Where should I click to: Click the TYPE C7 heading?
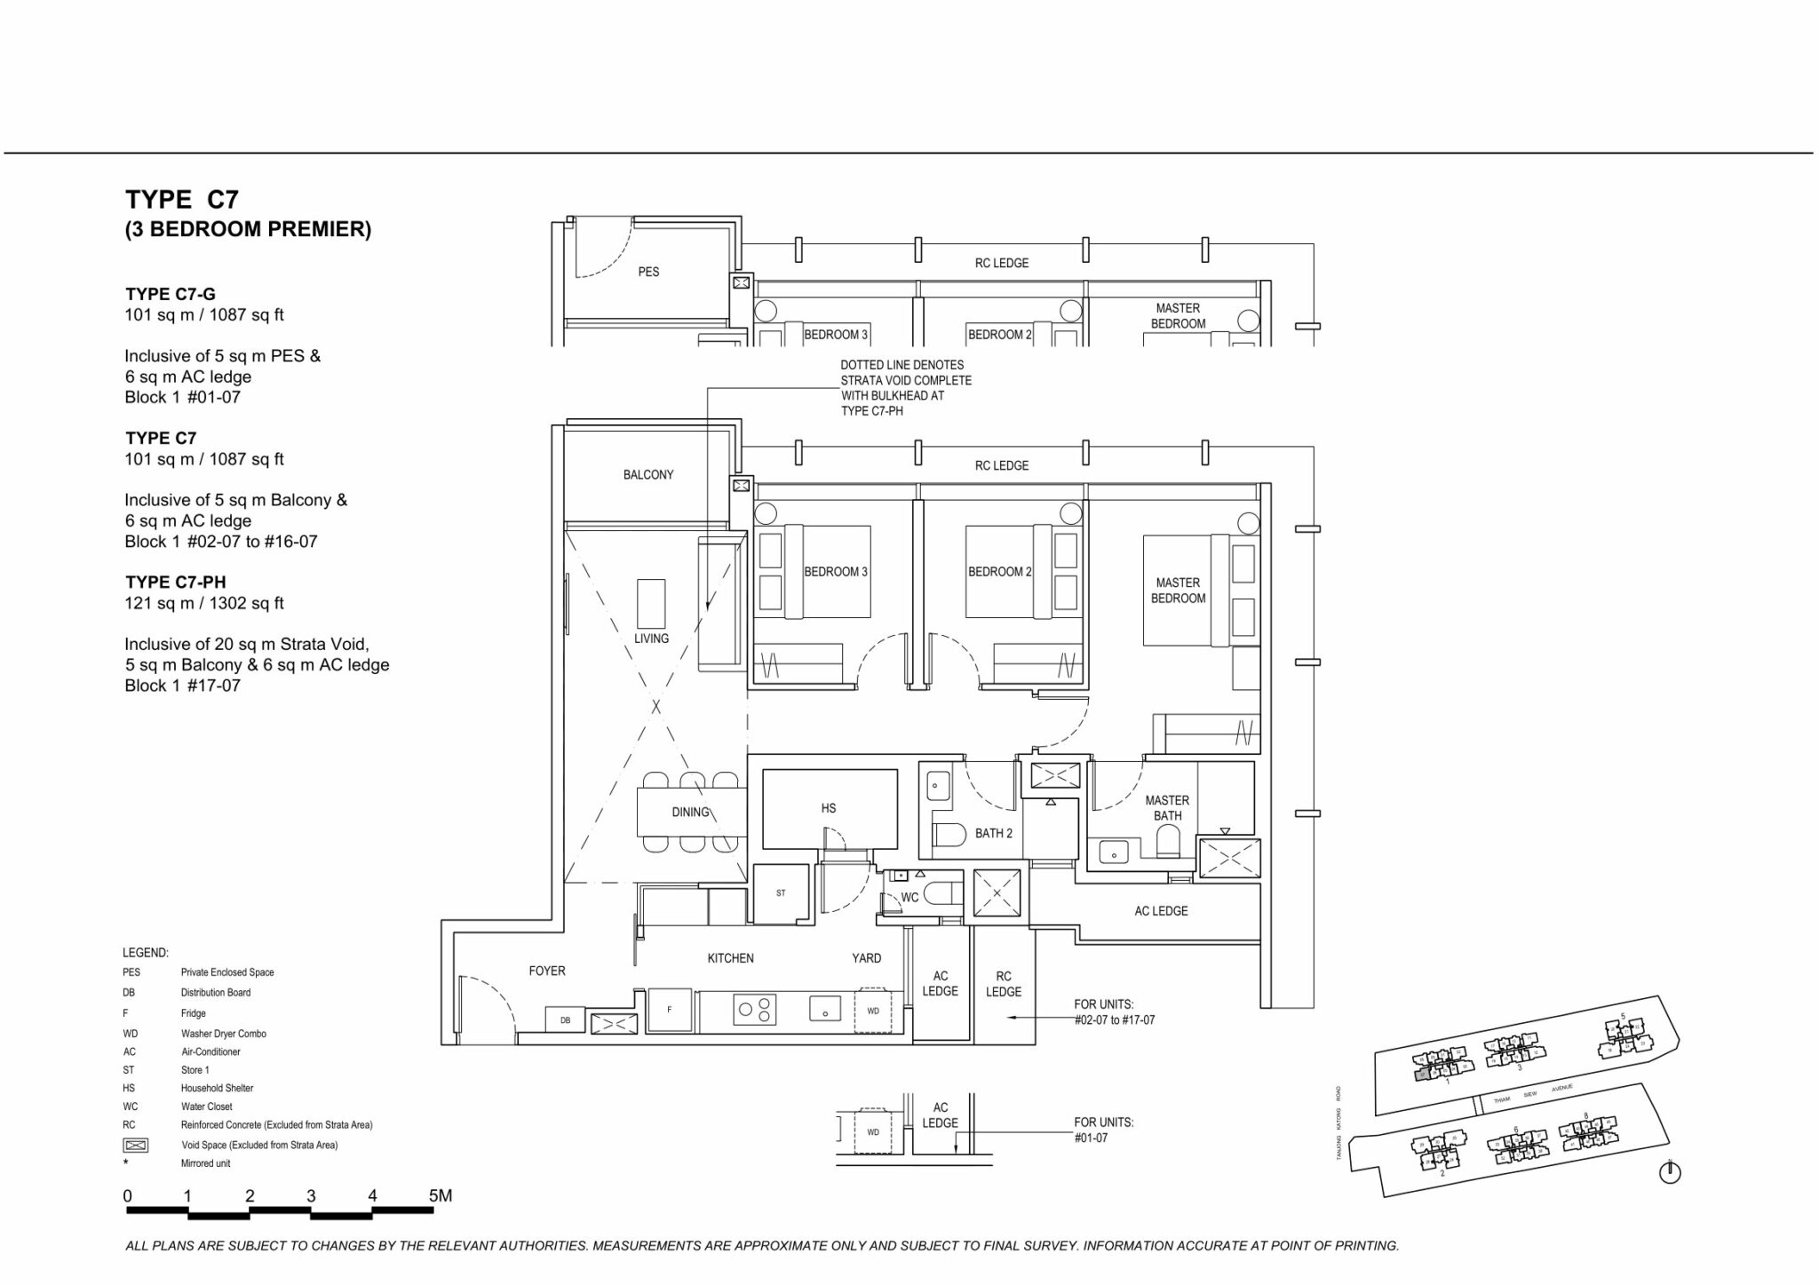click(x=182, y=199)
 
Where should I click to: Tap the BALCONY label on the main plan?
click(x=648, y=475)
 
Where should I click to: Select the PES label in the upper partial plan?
click(x=648, y=272)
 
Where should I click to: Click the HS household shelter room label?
click(x=828, y=808)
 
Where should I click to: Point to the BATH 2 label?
click(x=993, y=833)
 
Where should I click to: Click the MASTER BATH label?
click(x=1167, y=808)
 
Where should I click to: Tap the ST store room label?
click(x=781, y=893)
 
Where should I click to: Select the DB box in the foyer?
click(x=565, y=1021)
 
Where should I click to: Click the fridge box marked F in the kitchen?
click(x=669, y=1011)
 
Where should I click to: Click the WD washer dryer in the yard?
click(x=872, y=1011)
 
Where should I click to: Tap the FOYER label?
click(x=547, y=971)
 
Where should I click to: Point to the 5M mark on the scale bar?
click(x=441, y=1196)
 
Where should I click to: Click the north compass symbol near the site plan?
click(x=1670, y=1172)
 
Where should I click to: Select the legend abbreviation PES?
click(x=131, y=972)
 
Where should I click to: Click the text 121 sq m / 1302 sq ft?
click(x=204, y=603)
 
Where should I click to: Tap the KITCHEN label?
click(x=730, y=958)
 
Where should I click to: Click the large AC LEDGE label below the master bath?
click(x=1161, y=911)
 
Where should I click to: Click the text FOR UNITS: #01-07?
click(x=1103, y=1130)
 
